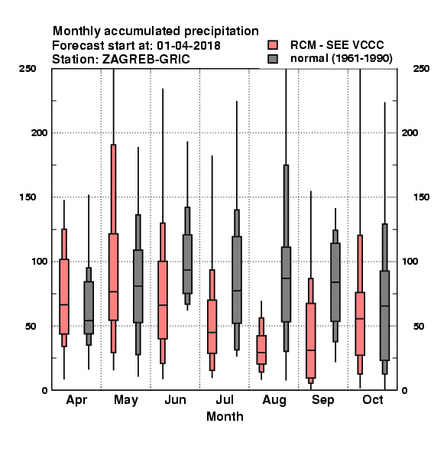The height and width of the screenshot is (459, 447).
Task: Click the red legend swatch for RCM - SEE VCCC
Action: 273,45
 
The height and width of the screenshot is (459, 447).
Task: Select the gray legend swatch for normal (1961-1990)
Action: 273,59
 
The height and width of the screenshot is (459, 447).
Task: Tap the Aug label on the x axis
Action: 274,400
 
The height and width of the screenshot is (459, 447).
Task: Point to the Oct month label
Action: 373,399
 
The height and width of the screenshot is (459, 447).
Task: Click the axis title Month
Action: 225,417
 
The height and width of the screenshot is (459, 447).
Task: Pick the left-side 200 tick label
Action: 40,132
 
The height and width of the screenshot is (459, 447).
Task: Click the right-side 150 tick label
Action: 421,197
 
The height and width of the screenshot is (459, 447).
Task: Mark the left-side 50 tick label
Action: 31,326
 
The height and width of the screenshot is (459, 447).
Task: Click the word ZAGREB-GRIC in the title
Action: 146,60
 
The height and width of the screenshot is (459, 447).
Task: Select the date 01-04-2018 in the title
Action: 189,46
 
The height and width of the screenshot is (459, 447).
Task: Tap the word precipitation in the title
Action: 222,31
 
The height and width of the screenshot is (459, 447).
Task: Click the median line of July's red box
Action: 212,332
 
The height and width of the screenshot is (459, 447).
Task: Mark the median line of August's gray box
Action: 286,278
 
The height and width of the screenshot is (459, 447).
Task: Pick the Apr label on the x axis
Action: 76,400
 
